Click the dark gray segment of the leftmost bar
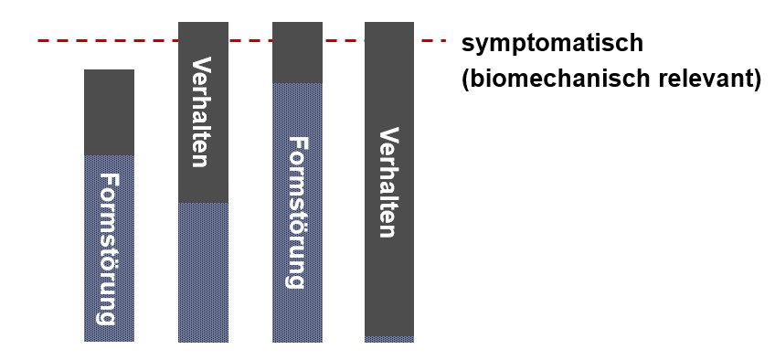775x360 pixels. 109,111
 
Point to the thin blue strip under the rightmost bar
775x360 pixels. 389,339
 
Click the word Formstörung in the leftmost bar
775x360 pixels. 109,249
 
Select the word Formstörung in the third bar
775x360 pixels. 297,212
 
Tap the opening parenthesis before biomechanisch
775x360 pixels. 467,79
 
